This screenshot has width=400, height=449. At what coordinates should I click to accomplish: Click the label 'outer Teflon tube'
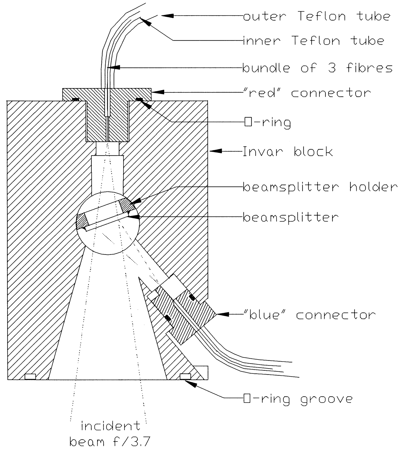pyautogui.click(x=317, y=17)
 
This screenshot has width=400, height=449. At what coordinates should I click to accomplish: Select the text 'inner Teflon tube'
pyautogui.click(x=313, y=41)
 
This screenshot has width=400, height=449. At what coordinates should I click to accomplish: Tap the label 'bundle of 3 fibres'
pyautogui.click(x=317, y=68)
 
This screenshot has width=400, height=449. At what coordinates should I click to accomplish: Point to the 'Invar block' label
pyautogui.click(x=288, y=152)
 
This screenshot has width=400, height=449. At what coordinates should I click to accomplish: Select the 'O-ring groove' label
pyautogui.click(x=298, y=399)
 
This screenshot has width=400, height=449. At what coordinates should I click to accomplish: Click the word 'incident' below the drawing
pyautogui.click(x=111, y=426)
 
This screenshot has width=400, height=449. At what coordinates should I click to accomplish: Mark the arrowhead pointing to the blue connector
pyautogui.click(x=223, y=314)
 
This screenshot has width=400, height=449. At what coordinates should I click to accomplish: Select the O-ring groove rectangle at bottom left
pyautogui.click(x=30, y=377)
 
